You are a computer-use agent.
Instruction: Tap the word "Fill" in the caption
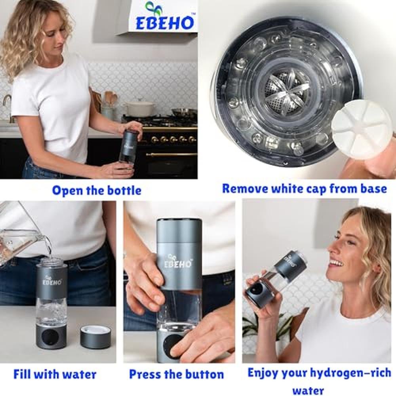pos(22,374)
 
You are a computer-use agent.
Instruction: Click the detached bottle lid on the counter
pos(95,337)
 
